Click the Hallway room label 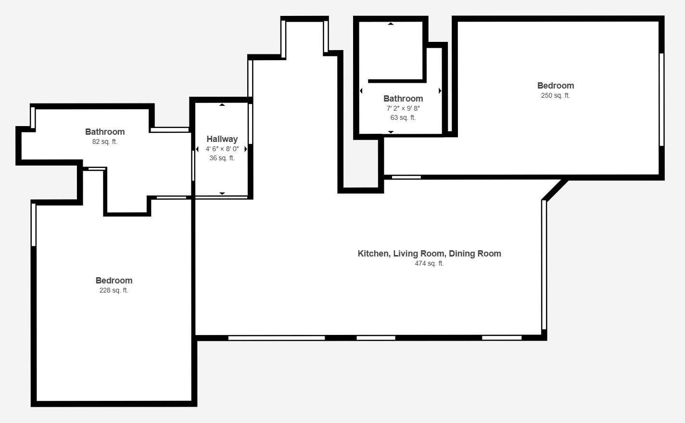(222, 139)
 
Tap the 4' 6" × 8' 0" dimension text (222, 149)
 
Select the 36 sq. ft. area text (222, 158)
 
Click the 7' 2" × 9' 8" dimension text (403, 108)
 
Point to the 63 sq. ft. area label (403, 117)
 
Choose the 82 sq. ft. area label (105, 141)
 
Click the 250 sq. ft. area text (555, 95)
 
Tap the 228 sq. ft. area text (114, 290)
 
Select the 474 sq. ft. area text (429, 263)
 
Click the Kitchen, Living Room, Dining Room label (430, 254)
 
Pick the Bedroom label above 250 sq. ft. (556, 86)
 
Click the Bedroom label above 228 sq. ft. (114, 281)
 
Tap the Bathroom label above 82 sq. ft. (105, 132)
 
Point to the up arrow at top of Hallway (222, 105)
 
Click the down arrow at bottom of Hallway (222, 193)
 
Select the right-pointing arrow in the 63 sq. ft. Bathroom (440, 90)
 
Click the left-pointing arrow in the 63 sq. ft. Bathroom (361, 90)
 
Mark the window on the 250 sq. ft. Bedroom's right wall (661, 100)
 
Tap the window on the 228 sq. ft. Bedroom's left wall (34, 225)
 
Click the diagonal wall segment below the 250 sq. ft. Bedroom (555, 190)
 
